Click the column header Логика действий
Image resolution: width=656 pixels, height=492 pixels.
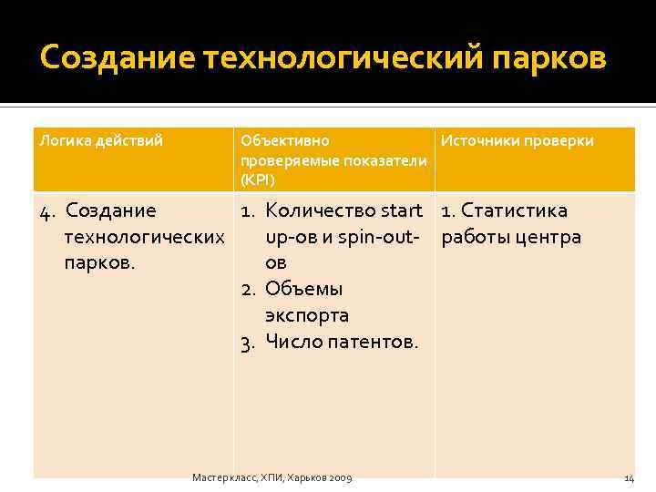(100, 140)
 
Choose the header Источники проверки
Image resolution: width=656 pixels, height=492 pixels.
(518, 140)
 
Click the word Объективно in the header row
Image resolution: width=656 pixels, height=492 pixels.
(285, 140)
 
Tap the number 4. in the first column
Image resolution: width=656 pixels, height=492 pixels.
(49, 211)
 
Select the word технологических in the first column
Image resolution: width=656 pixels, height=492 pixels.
(145, 238)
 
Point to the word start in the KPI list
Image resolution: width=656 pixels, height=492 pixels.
(402, 211)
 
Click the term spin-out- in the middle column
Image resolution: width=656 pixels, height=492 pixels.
(376, 238)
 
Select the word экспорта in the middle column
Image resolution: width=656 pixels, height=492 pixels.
(307, 316)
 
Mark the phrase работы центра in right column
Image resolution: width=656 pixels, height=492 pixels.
(511, 238)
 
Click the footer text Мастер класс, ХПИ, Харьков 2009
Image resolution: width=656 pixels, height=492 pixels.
(272, 477)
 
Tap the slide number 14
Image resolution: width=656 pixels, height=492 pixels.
(629, 477)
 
